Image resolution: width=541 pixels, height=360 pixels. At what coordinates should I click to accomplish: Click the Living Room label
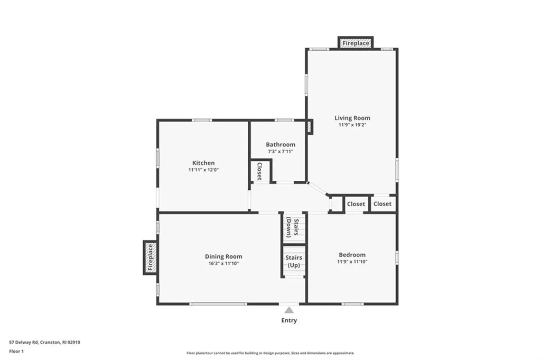tap(352, 118)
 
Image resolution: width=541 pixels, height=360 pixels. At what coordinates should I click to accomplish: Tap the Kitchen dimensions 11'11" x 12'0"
tap(203, 170)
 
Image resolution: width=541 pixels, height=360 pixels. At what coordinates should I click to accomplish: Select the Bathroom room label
tap(281, 144)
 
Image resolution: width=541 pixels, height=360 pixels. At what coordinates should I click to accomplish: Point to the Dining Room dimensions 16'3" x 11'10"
tap(223, 263)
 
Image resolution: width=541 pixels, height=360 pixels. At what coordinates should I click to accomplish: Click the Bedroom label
tap(352, 255)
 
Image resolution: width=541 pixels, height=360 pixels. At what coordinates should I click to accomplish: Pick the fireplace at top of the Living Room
tap(356, 43)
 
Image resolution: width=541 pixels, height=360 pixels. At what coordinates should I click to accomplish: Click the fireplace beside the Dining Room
tap(150, 257)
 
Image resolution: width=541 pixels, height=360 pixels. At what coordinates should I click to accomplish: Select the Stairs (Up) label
tap(293, 261)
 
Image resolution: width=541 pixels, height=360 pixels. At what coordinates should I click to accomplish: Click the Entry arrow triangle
tap(289, 310)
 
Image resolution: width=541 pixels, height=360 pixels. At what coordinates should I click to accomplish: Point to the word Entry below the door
tap(289, 320)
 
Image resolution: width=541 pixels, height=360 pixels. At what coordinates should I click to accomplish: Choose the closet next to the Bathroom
tap(259, 171)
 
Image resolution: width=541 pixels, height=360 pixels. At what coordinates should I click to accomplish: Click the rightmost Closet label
tap(383, 204)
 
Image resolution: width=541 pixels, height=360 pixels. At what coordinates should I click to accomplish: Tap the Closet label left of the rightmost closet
tap(356, 204)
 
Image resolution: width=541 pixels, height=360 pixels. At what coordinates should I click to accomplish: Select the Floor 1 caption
tap(17, 350)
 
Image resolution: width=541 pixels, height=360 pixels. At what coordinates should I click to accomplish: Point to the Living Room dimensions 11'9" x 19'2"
tap(352, 126)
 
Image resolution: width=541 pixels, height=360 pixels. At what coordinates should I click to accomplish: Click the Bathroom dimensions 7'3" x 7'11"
tap(281, 152)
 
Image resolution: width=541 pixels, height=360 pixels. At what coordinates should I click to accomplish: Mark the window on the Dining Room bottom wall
tap(218, 303)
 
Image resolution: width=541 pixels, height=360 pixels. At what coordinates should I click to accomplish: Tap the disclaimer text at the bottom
tap(270, 353)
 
